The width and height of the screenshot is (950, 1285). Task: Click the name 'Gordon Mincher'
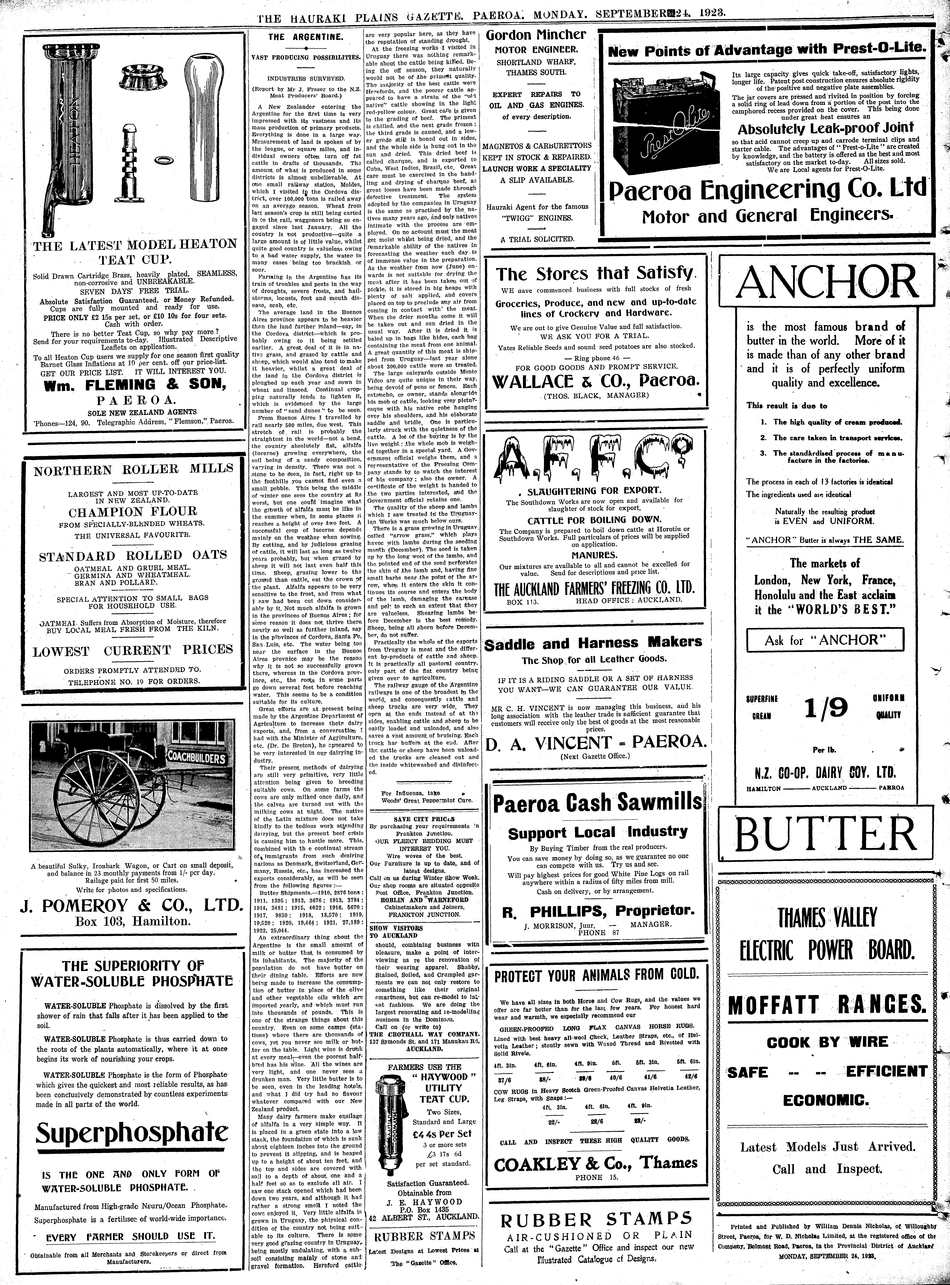tap(535, 34)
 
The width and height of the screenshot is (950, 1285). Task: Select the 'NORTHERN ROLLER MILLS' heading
tap(133, 468)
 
